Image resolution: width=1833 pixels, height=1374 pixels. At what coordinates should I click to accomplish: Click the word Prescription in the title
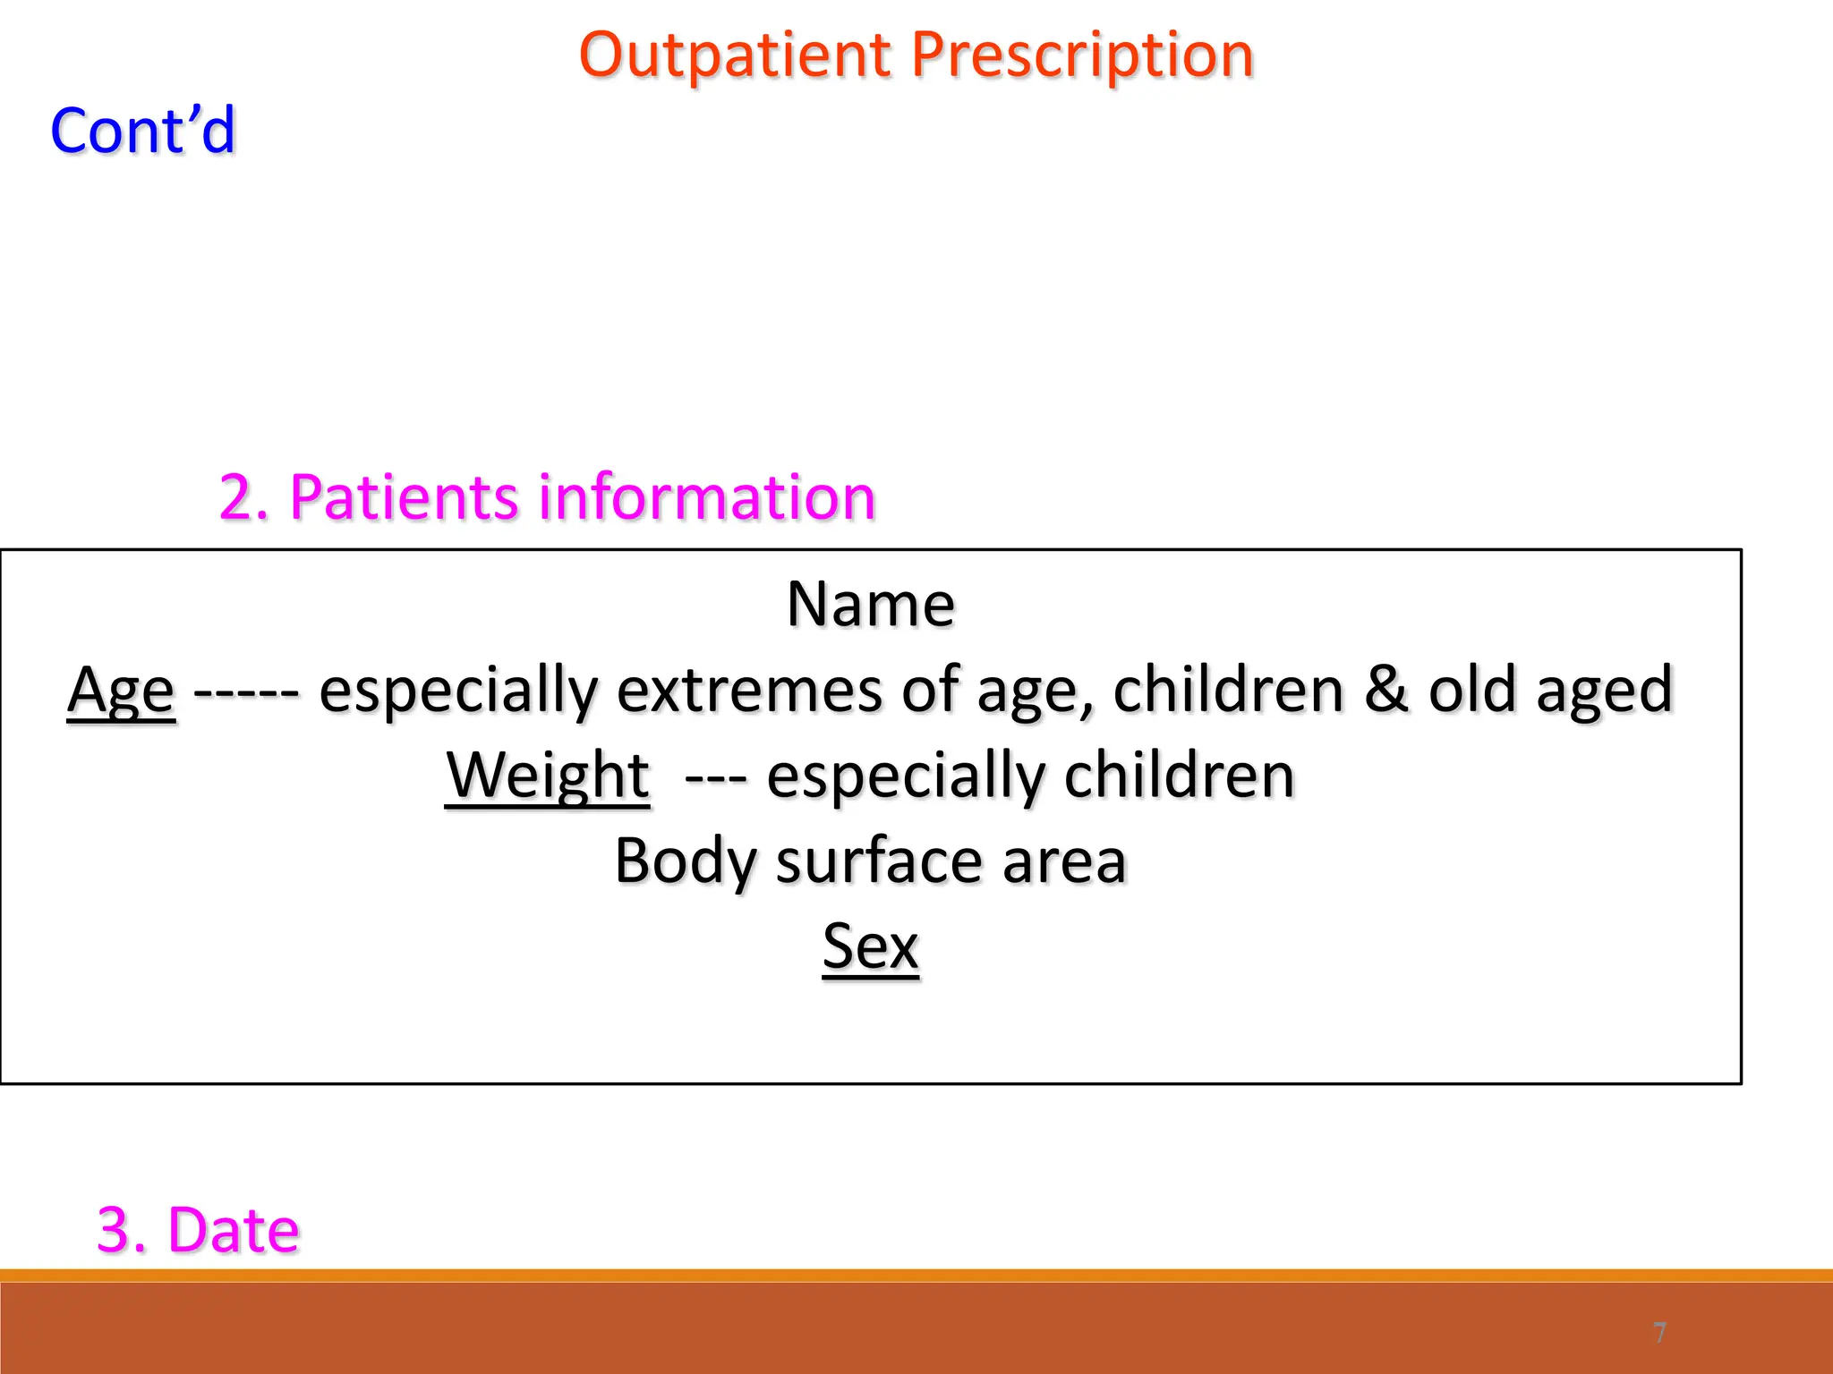(x=1082, y=55)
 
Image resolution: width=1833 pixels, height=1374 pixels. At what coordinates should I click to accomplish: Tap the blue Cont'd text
(x=143, y=131)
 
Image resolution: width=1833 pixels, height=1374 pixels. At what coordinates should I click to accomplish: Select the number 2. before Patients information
(x=243, y=497)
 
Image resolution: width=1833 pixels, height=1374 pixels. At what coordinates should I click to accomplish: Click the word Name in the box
(x=870, y=604)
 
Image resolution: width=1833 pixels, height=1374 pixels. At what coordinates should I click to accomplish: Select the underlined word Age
(x=121, y=691)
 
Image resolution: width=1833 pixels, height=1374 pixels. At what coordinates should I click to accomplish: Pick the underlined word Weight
(x=548, y=776)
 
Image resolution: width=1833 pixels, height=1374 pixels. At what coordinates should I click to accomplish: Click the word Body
(x=686, y=861)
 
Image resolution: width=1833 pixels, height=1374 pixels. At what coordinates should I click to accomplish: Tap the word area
(x=1064, y=861)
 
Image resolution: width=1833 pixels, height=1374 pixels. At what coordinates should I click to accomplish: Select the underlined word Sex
(x=870, y=946)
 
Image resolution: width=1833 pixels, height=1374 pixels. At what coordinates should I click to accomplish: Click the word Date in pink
(x=233, y=1230)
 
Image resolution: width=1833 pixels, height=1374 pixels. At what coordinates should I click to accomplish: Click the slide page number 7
(x=1659, y=1333)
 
